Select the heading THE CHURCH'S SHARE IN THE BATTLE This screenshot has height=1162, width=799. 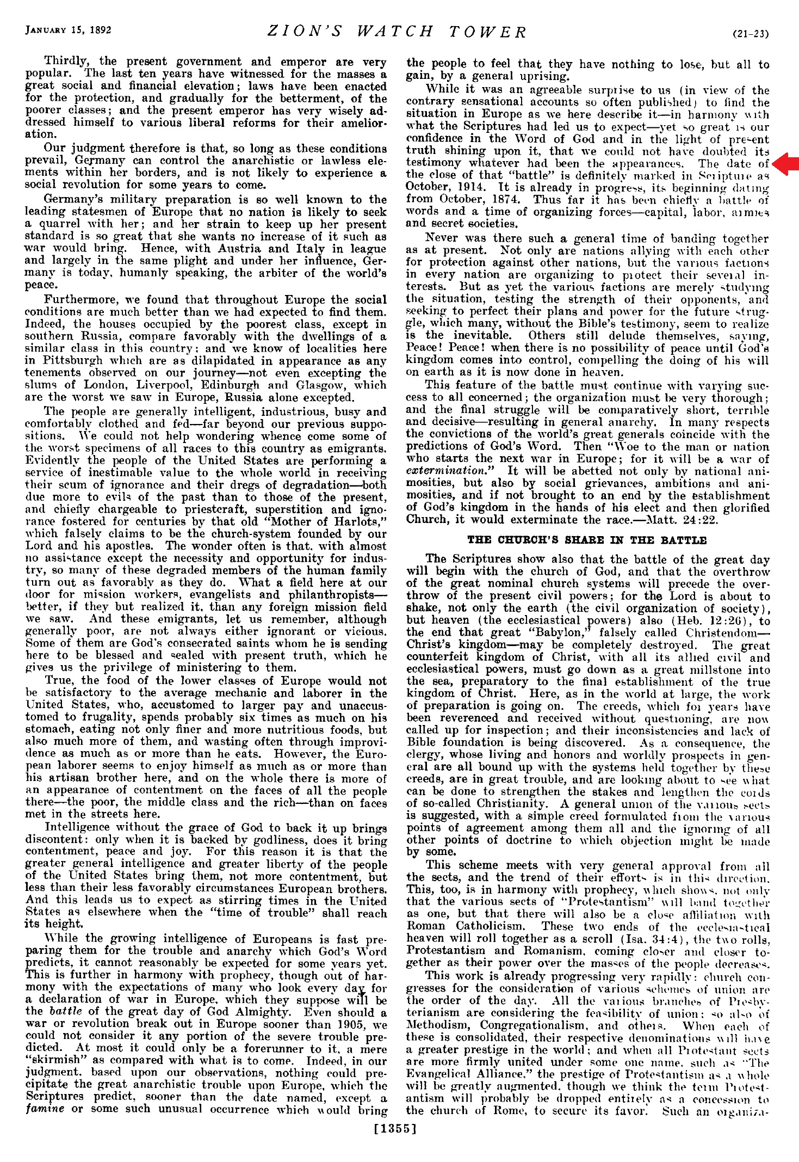[587, 540]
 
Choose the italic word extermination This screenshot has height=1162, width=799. [446, 471]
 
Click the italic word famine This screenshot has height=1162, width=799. [45, 1109]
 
